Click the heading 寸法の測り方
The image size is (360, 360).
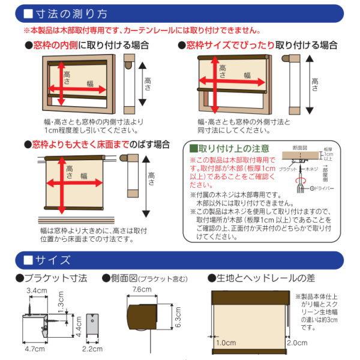pos(74,13)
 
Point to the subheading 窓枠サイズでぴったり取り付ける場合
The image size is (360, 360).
pos(257,46)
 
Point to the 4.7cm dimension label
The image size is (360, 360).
pos(34,348)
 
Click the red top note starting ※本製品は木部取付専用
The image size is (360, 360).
pos(141,30)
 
